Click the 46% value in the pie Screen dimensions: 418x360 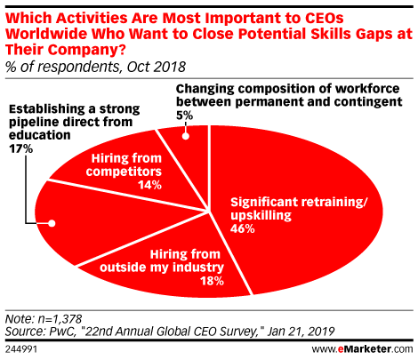(x=243, y=228)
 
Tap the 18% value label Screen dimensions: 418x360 (x=212, y=281)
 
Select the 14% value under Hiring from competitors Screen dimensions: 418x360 (x=149, y=185)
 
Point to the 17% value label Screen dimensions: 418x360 (x=20, y=148)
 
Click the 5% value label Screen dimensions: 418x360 (x=184, y=116)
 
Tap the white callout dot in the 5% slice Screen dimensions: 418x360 (x=186, y=136)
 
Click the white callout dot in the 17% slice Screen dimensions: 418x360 (x=52, y=223)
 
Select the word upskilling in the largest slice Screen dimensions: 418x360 (x=261, y=216)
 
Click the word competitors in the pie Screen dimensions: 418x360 (x=124, y=172)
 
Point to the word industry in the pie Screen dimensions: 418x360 (x=198, y=268)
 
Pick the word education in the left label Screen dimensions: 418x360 (x=40, y=135)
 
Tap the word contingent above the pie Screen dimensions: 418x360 (x=368, y=102)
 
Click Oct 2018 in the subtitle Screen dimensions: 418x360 (x=157, y=67)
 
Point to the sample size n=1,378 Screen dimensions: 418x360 (x=60, y=319)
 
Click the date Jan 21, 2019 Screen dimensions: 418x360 (x=301, y=332)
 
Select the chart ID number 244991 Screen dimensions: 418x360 (x=21, y=349)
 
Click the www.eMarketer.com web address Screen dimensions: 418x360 (x=362, y=349)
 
